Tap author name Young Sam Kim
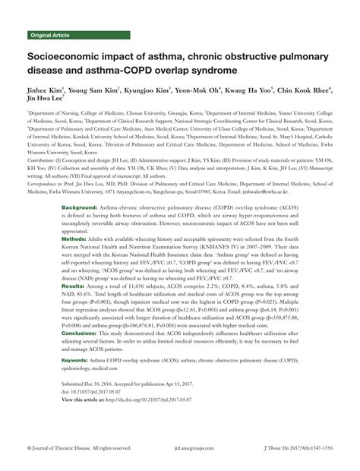tap(99, 89)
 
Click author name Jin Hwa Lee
tap(46, 99)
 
